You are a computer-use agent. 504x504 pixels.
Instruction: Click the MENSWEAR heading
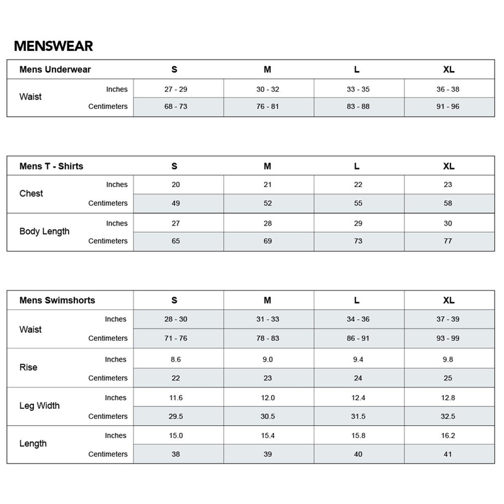tap(54, 47)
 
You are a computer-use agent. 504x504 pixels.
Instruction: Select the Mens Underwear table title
tap(55, 70)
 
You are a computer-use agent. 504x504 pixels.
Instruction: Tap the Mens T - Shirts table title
tap(51, 166)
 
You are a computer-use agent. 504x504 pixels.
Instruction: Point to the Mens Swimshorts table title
tap(57, 301)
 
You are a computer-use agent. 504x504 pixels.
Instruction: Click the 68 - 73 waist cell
tap(175, 106)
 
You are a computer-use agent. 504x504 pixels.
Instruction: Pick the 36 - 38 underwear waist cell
tap(448, 89)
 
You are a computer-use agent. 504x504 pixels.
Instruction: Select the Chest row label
tap(31, 193)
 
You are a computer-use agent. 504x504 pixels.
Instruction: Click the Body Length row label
tap(44, 232)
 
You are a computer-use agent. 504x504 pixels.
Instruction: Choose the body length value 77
tap(448, 241)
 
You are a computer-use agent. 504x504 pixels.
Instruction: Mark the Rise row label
tap(28, 368)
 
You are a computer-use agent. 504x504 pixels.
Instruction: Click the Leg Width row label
tap(40, 406)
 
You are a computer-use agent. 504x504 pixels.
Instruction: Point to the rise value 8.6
tap(175, 359)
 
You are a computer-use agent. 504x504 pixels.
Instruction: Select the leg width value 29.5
tap(175, 416)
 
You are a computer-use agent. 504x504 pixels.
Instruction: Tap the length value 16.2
tap(448, 435)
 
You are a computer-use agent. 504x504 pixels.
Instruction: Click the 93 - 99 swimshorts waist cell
tap(448, 338)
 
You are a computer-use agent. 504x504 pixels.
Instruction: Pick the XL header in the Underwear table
tap(448, 70)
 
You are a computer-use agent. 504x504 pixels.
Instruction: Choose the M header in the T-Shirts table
tap(267, 166)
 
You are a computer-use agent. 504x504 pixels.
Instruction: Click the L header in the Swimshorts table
tap(357, 301)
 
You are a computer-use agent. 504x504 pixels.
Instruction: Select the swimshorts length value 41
tap(448, 454)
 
